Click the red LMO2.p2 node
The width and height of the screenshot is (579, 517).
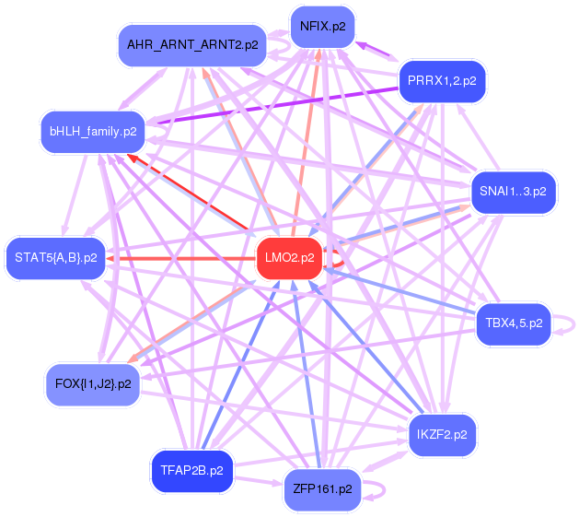click(x=290, y=258)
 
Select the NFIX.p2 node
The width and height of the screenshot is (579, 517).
click(x=322, y=26)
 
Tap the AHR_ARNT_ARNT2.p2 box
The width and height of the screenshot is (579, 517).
click(x=192, y=44)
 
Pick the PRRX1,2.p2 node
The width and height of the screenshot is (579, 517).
click(x=442, y=81)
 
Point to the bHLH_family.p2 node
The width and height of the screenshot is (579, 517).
click(x=93, y=131)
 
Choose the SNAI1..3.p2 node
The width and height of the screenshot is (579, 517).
click(x=513, y=192)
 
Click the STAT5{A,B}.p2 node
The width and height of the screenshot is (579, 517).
click(x=56, y=257)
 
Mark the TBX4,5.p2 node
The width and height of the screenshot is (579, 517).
click(x=513, y=323)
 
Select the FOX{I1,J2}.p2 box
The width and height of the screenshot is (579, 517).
click(x=93, y=383)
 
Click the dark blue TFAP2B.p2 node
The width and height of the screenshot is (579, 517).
click(x=191, y=470)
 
